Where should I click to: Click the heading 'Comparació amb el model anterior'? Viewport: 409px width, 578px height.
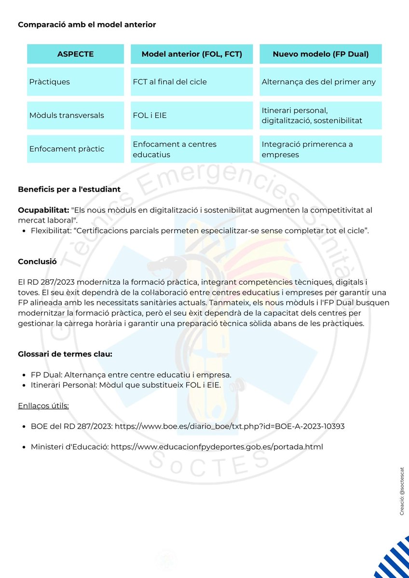coord(87,25)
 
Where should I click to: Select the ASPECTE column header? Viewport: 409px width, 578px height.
coord(75,54)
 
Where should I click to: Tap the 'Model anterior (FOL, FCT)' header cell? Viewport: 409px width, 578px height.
coord(191,54)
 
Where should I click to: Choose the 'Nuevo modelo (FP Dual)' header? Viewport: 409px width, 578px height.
coord(321,54)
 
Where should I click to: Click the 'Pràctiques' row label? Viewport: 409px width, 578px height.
coord(49,82)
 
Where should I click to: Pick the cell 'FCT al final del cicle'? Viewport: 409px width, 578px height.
coord(170,82)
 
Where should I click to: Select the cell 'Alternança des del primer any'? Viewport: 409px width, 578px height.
coord(318,82)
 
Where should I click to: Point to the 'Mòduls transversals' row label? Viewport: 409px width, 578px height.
coord(67,116)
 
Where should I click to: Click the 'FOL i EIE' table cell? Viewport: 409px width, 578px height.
coord(150,116)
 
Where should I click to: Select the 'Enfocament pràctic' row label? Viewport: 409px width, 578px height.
coord(67,149)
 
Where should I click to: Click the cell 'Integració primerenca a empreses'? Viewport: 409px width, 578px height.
coord(307,149)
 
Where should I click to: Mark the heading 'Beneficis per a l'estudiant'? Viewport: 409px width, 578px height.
coord(69,189)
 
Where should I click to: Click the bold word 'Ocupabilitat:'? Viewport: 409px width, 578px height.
coord(43,210)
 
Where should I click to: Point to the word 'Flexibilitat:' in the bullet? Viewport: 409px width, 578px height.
coord(51,231)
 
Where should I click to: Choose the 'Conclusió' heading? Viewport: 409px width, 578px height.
coord(37,262)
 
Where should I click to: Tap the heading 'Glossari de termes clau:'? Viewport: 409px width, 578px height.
coord(65,355)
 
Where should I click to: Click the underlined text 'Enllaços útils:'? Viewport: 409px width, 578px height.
coord(43,406)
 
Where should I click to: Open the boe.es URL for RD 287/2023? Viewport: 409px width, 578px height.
coord(230,426)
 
